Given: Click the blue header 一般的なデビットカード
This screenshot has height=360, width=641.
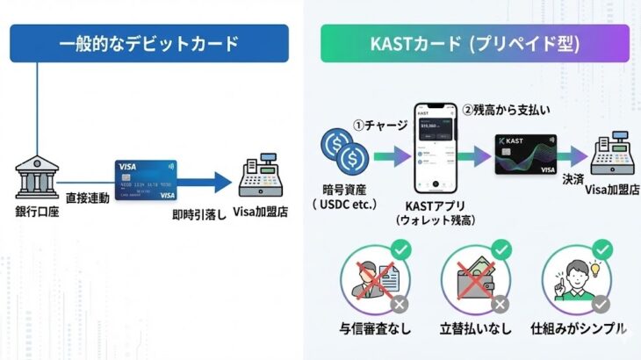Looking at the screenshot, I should pos(149,43).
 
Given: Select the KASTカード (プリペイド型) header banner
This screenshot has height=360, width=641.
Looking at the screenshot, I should pos(475,43).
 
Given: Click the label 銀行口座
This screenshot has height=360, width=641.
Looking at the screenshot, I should pos(36,213).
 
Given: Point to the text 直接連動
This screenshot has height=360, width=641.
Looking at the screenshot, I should pos(88,199).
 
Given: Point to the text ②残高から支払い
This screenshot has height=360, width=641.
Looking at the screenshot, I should pos(504,112).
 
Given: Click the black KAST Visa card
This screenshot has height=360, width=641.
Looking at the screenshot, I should pos(525,154).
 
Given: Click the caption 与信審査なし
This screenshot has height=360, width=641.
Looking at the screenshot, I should pos(376,329).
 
